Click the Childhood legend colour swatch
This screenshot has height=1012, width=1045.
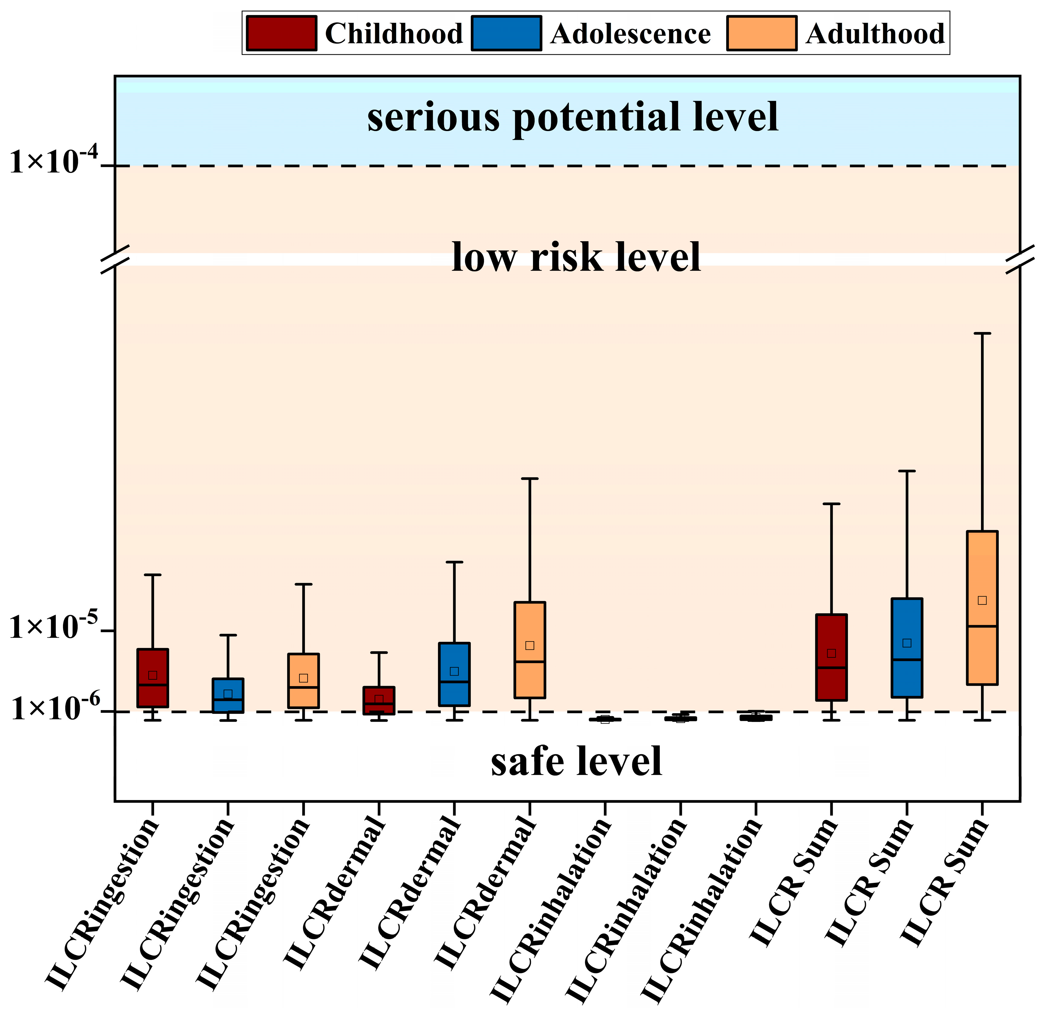click(281, 33)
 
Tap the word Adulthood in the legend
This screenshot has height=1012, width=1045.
click(875, 34)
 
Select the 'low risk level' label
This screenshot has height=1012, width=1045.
click(576, 257)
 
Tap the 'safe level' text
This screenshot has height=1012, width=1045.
click(576, 761)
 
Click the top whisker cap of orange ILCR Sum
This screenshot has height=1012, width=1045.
click(982, 333)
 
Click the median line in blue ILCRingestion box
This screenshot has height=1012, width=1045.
click(228, 699)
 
